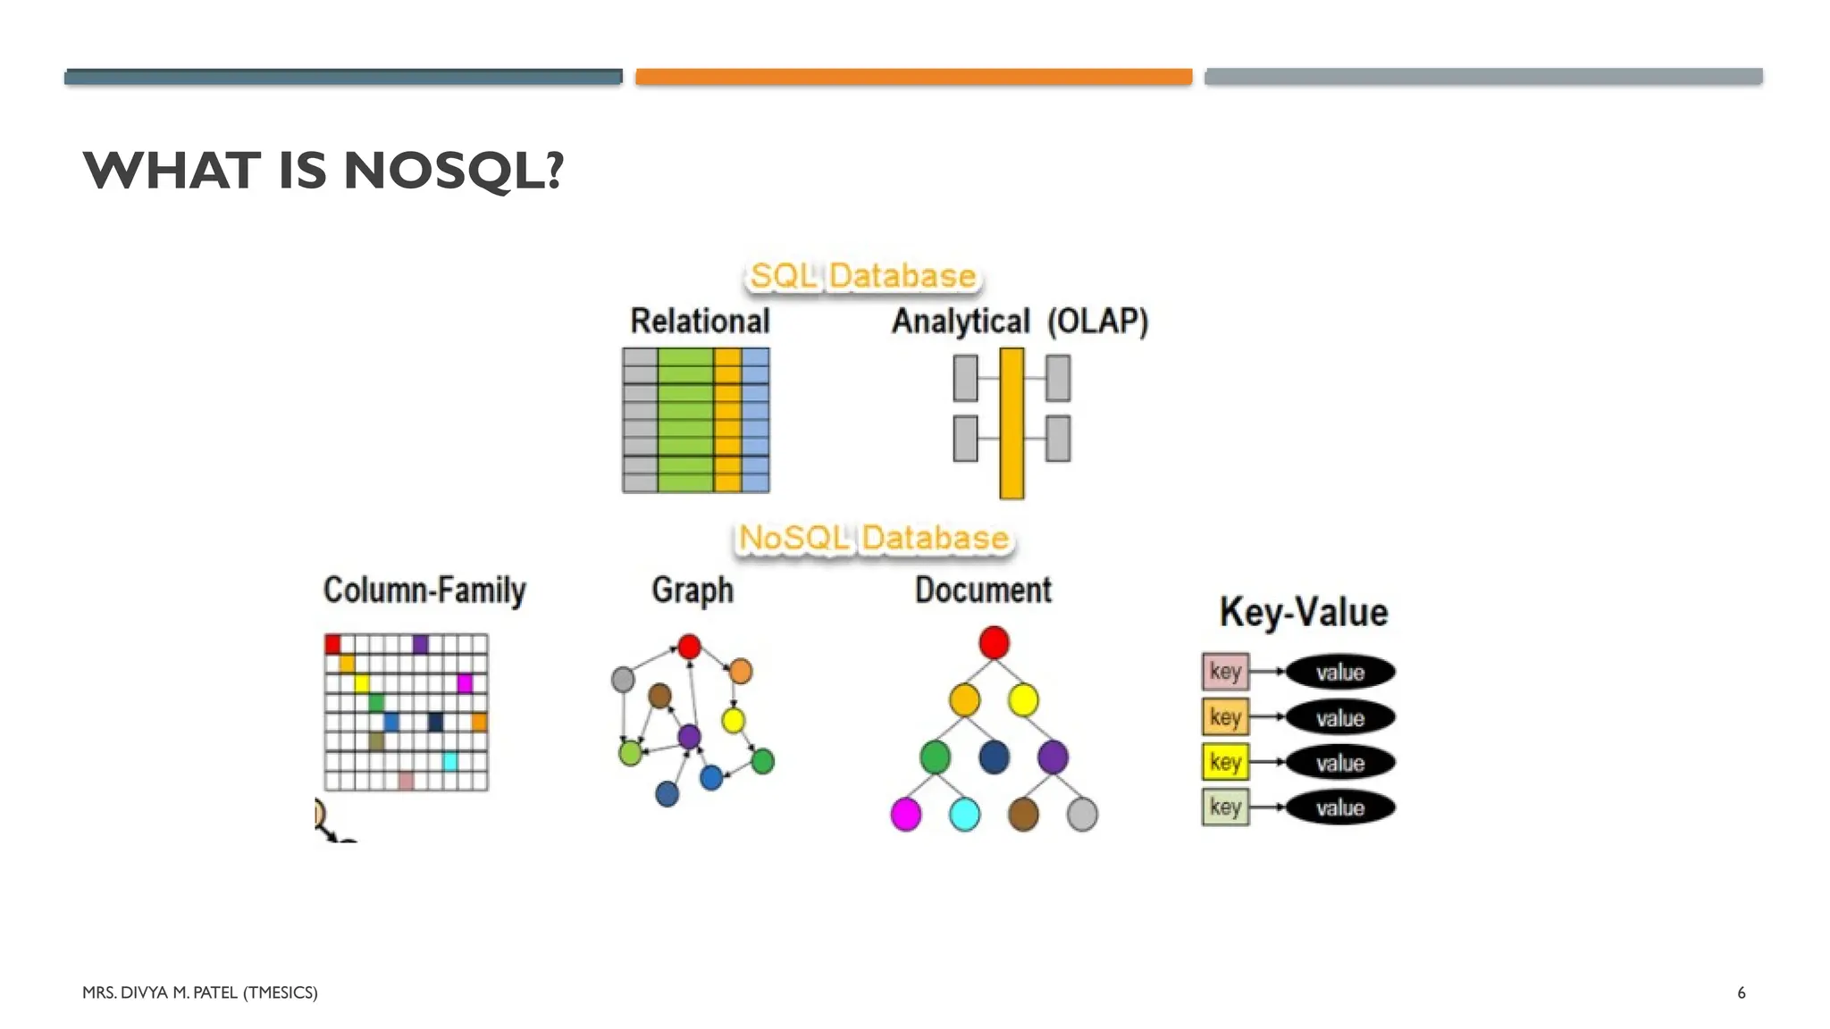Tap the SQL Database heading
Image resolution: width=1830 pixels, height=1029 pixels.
point(862,276)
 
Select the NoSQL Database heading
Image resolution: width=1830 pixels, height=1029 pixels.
point(873,538)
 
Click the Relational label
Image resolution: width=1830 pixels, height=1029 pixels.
point(700,321)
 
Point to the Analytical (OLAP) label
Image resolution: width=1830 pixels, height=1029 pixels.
point(1020,321)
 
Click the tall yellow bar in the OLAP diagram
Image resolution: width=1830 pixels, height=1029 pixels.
point(1012,422)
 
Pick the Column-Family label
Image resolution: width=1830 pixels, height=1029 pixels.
point(424,590)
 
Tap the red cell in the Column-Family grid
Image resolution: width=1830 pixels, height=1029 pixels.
point(333,644)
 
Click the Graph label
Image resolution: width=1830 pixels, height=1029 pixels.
point(693,590)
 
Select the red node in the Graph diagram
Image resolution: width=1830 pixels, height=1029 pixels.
point(689,647)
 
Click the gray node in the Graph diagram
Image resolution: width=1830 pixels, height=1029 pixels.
point(623,680)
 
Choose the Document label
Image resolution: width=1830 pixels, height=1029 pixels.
point(983,590)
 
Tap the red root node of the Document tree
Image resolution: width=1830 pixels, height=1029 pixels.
point(994,642)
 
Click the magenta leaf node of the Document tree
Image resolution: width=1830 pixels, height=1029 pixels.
point(906,814)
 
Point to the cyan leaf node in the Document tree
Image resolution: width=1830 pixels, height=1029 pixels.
point(964,814)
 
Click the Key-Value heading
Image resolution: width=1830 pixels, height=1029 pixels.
point(1304,613)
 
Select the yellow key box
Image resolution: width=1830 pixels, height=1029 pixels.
point(1225,762)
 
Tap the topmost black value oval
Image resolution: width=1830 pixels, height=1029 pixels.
point(1340,672)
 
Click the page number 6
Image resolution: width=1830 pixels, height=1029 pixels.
point(1741,992)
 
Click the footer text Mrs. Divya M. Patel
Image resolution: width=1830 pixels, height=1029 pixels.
point(199,992)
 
